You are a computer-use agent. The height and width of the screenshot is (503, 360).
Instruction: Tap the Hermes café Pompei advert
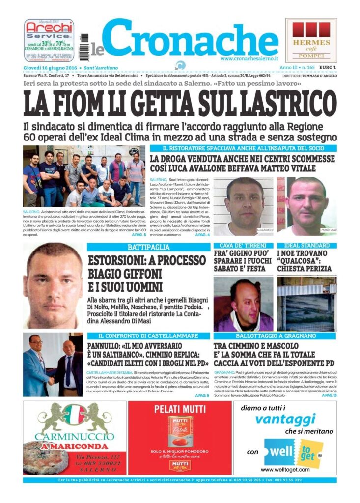pyautogui.click(x=311, y=41)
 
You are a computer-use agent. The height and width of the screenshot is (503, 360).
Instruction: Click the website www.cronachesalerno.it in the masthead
pyautogui.click(x=249, y=58)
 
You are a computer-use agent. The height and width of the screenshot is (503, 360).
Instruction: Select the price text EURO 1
pyautogui.click(x=327, y=67)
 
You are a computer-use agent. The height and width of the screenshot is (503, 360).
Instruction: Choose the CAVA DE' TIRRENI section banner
pyautogui.click(x=243, y=245)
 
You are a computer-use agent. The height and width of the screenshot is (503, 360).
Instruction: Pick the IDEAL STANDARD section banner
pyautogui.click(x=306, y=245)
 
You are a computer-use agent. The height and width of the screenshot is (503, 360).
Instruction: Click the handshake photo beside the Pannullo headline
pyautogui.click(x=53, y=364)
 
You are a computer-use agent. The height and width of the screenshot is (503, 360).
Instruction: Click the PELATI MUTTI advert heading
pyautogui.click(x=179, y=409)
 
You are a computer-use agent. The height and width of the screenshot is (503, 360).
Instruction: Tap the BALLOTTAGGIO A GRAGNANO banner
pyautogui.click(x=275, y=336)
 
